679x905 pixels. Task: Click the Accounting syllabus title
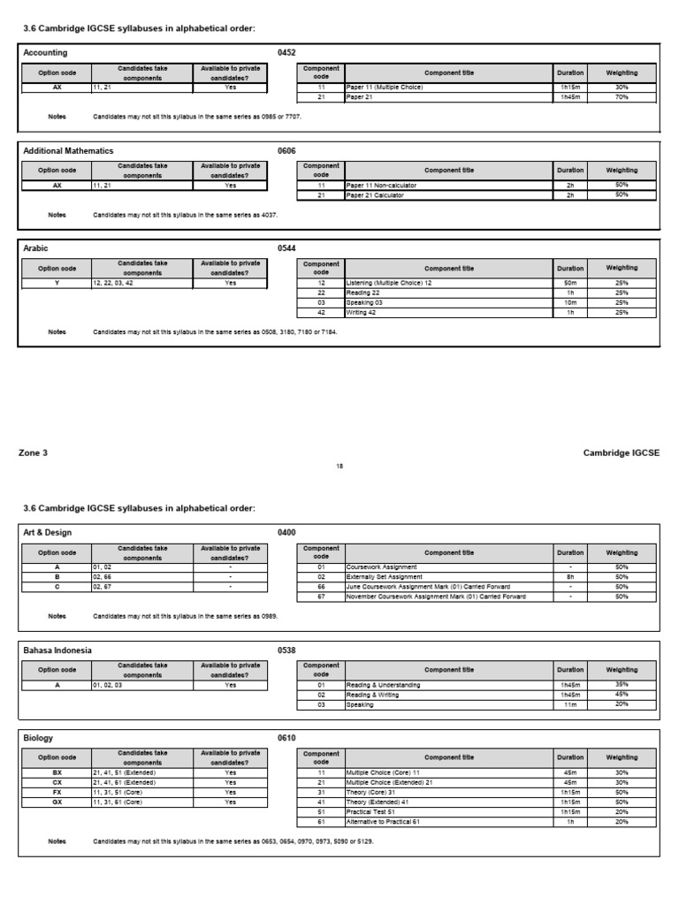[x=45, y=53]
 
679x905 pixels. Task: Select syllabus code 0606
[x=286, y=151]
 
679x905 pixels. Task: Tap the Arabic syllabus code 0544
[x=286, y=249]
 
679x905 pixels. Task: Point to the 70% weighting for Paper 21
[x=622, y=97]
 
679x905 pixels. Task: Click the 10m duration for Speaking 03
[x=570, y=302]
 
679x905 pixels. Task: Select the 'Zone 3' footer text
[x=34, y=452]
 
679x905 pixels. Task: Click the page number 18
[x=339, y=466]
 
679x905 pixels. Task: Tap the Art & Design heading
[x=47, y=533]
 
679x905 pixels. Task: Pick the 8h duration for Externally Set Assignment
[x=570, y=577]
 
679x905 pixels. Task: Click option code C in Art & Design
[x=57, y=587]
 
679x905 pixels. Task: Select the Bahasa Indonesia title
[x=57, y=650]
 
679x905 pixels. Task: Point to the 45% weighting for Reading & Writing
[x=622, y=695]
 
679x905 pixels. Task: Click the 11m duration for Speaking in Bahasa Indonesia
[x=570, y=705]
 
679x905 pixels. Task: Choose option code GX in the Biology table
[x=57, y=802]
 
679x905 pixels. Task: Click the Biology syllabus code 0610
[x=286, y=738]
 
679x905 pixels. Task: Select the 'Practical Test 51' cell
[x=376, y=812]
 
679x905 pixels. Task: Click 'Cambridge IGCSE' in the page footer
[x=621, y=452]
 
